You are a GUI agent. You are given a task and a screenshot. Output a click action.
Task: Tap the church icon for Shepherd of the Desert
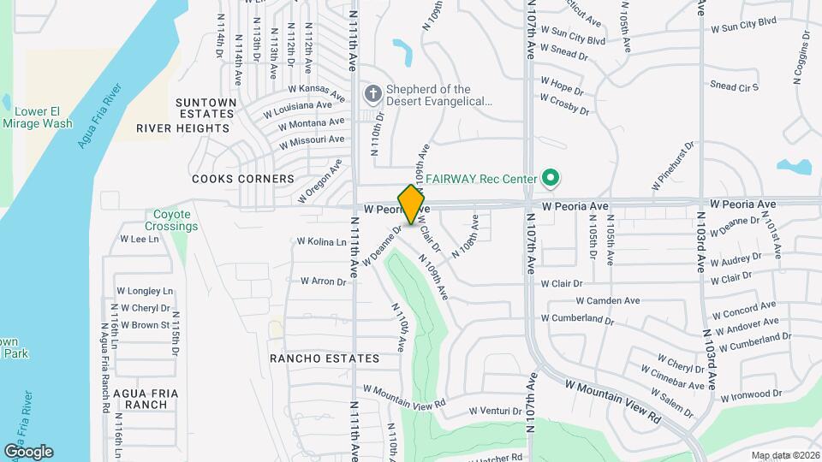point(372,92)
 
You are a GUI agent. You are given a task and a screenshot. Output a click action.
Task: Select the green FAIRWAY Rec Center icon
point(551,179)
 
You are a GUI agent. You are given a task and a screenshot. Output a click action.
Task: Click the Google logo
point(28,451)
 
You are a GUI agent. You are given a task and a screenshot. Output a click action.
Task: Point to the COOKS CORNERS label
point(243,179)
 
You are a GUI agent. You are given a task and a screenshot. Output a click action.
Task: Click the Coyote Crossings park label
point(176,221)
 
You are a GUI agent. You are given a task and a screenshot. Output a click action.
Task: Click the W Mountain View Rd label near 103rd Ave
point(613,400)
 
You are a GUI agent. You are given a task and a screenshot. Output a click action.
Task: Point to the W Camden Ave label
point(608,301)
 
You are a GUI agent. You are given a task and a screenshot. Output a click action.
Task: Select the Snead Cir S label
point(735,86)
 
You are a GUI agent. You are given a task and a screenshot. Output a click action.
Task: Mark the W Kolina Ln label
point(321,242)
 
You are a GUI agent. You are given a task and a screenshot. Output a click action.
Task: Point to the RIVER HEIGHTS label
point(182,128)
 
